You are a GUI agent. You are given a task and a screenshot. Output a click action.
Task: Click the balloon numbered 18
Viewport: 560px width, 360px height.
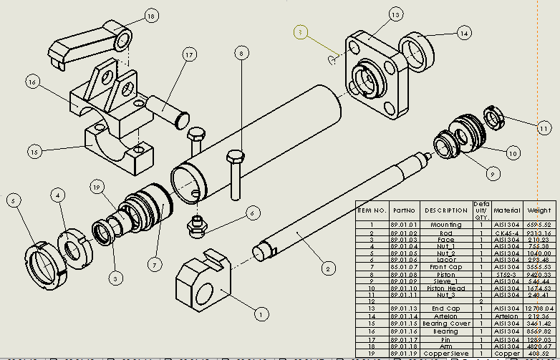click(x=150, y=15)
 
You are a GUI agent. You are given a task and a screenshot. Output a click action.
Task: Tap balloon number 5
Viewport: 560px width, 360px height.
click(x=13, y=201)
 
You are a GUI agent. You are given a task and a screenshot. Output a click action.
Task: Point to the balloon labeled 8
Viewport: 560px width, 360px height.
click(x=242, y=52)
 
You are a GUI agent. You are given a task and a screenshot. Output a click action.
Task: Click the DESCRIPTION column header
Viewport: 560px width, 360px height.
click(x=446, y=210)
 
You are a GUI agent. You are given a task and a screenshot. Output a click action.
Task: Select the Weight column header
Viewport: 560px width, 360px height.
click(x=539, y=210)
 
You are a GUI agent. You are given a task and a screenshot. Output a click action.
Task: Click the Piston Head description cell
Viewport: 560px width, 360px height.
click(x=446, y=288)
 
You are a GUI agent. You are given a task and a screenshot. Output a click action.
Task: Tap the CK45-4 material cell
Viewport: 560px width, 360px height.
click(x=506, y=233)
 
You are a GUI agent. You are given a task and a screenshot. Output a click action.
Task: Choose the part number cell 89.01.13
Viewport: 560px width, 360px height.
click(x=403, y=308)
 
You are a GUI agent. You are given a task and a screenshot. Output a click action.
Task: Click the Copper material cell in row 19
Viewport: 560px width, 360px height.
click(x=506, y=354)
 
